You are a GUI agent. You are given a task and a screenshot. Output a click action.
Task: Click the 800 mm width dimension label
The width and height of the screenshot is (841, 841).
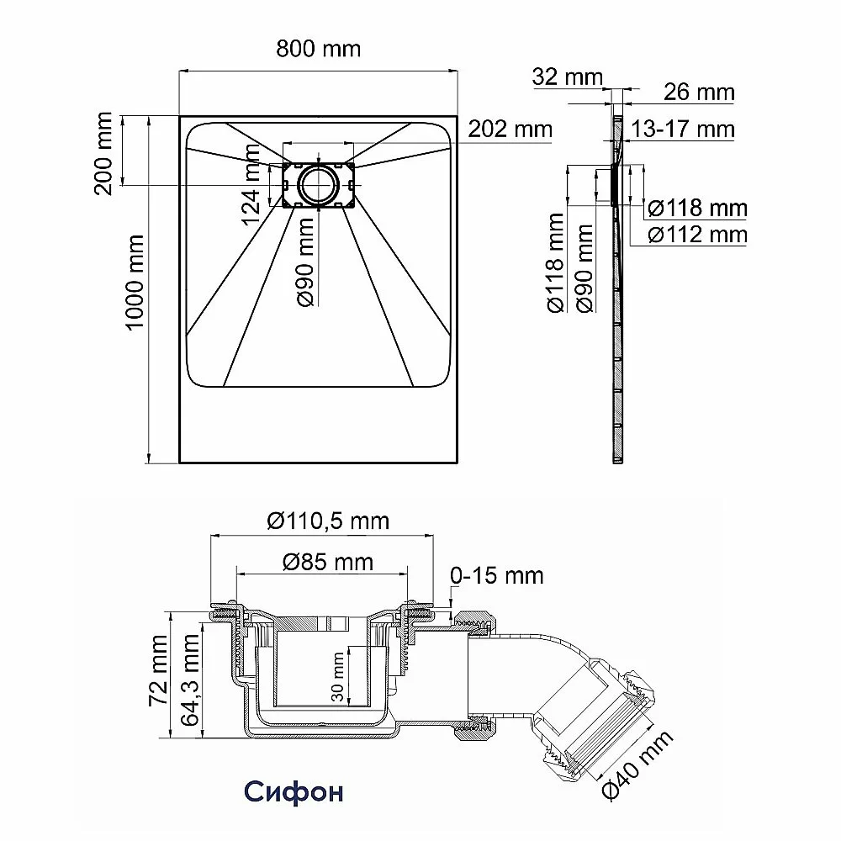click(318, 49)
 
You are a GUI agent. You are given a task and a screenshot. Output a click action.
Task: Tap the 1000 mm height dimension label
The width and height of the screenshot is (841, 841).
click(135, 282)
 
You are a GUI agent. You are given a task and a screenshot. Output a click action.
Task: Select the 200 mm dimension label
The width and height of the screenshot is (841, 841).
click(103, 153)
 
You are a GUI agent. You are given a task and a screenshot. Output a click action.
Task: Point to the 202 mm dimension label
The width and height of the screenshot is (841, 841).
click(510, 129)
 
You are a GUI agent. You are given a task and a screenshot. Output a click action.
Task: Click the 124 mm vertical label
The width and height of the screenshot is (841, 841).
click(251, 184)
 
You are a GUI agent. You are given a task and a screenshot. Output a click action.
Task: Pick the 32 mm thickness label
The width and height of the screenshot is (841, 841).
click(567, 77)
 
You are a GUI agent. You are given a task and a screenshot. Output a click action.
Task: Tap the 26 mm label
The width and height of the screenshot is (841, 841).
click(699, 93)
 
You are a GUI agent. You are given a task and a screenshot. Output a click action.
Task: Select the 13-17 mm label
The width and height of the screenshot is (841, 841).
click(682, 130)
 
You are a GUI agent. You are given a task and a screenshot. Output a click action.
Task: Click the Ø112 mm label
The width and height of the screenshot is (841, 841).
click(697, 235)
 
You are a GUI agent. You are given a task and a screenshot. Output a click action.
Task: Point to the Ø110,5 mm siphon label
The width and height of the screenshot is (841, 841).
click(328, 521)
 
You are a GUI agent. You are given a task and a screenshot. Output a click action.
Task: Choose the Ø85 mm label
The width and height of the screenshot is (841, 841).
click(328, 562)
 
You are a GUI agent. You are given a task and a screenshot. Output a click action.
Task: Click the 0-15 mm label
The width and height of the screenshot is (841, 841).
click(497, 575)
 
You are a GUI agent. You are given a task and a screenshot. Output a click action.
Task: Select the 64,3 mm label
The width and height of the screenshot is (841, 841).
click(190, 680)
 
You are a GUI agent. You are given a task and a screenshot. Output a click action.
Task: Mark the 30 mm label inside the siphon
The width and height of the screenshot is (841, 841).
click(338, 677)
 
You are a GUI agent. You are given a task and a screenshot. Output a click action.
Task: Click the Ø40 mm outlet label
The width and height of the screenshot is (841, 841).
click(637, 765)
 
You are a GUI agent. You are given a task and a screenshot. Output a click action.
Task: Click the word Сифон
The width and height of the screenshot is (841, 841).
click(294, 791)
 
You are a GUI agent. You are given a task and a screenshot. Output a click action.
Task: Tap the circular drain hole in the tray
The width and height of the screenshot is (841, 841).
click(319, 184)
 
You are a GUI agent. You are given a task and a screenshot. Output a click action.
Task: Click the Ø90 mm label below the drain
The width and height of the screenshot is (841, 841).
click(305, 262)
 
